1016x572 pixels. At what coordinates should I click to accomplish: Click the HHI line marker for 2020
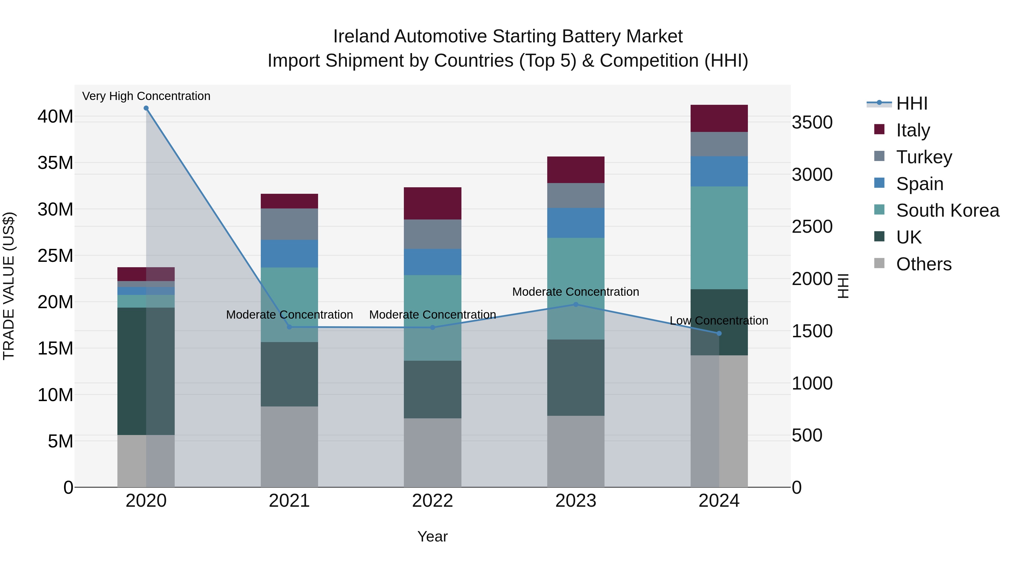[146, 108]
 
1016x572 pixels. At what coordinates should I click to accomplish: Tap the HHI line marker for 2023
[575, 304]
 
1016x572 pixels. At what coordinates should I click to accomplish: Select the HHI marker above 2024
[719, 334]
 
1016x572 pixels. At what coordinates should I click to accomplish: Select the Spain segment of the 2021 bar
[289, 254]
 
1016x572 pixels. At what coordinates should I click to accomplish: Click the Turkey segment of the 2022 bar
[432, 234]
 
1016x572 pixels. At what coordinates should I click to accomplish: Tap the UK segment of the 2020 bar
[132, 371]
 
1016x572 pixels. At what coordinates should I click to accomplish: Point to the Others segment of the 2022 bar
[432, 453]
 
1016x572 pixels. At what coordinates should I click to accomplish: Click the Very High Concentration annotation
[146, 96]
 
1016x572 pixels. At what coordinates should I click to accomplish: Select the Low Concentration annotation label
[719, 321]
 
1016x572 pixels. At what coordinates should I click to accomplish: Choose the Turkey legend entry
[924, 157]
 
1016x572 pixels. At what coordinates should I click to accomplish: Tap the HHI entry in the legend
[911, 103]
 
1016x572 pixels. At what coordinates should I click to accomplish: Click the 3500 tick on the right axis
[812, 122]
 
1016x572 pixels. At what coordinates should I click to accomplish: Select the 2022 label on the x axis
[432, 501]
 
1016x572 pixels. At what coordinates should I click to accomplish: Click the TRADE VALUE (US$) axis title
[9, 286]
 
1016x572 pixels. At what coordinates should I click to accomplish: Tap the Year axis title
[432, 536]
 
